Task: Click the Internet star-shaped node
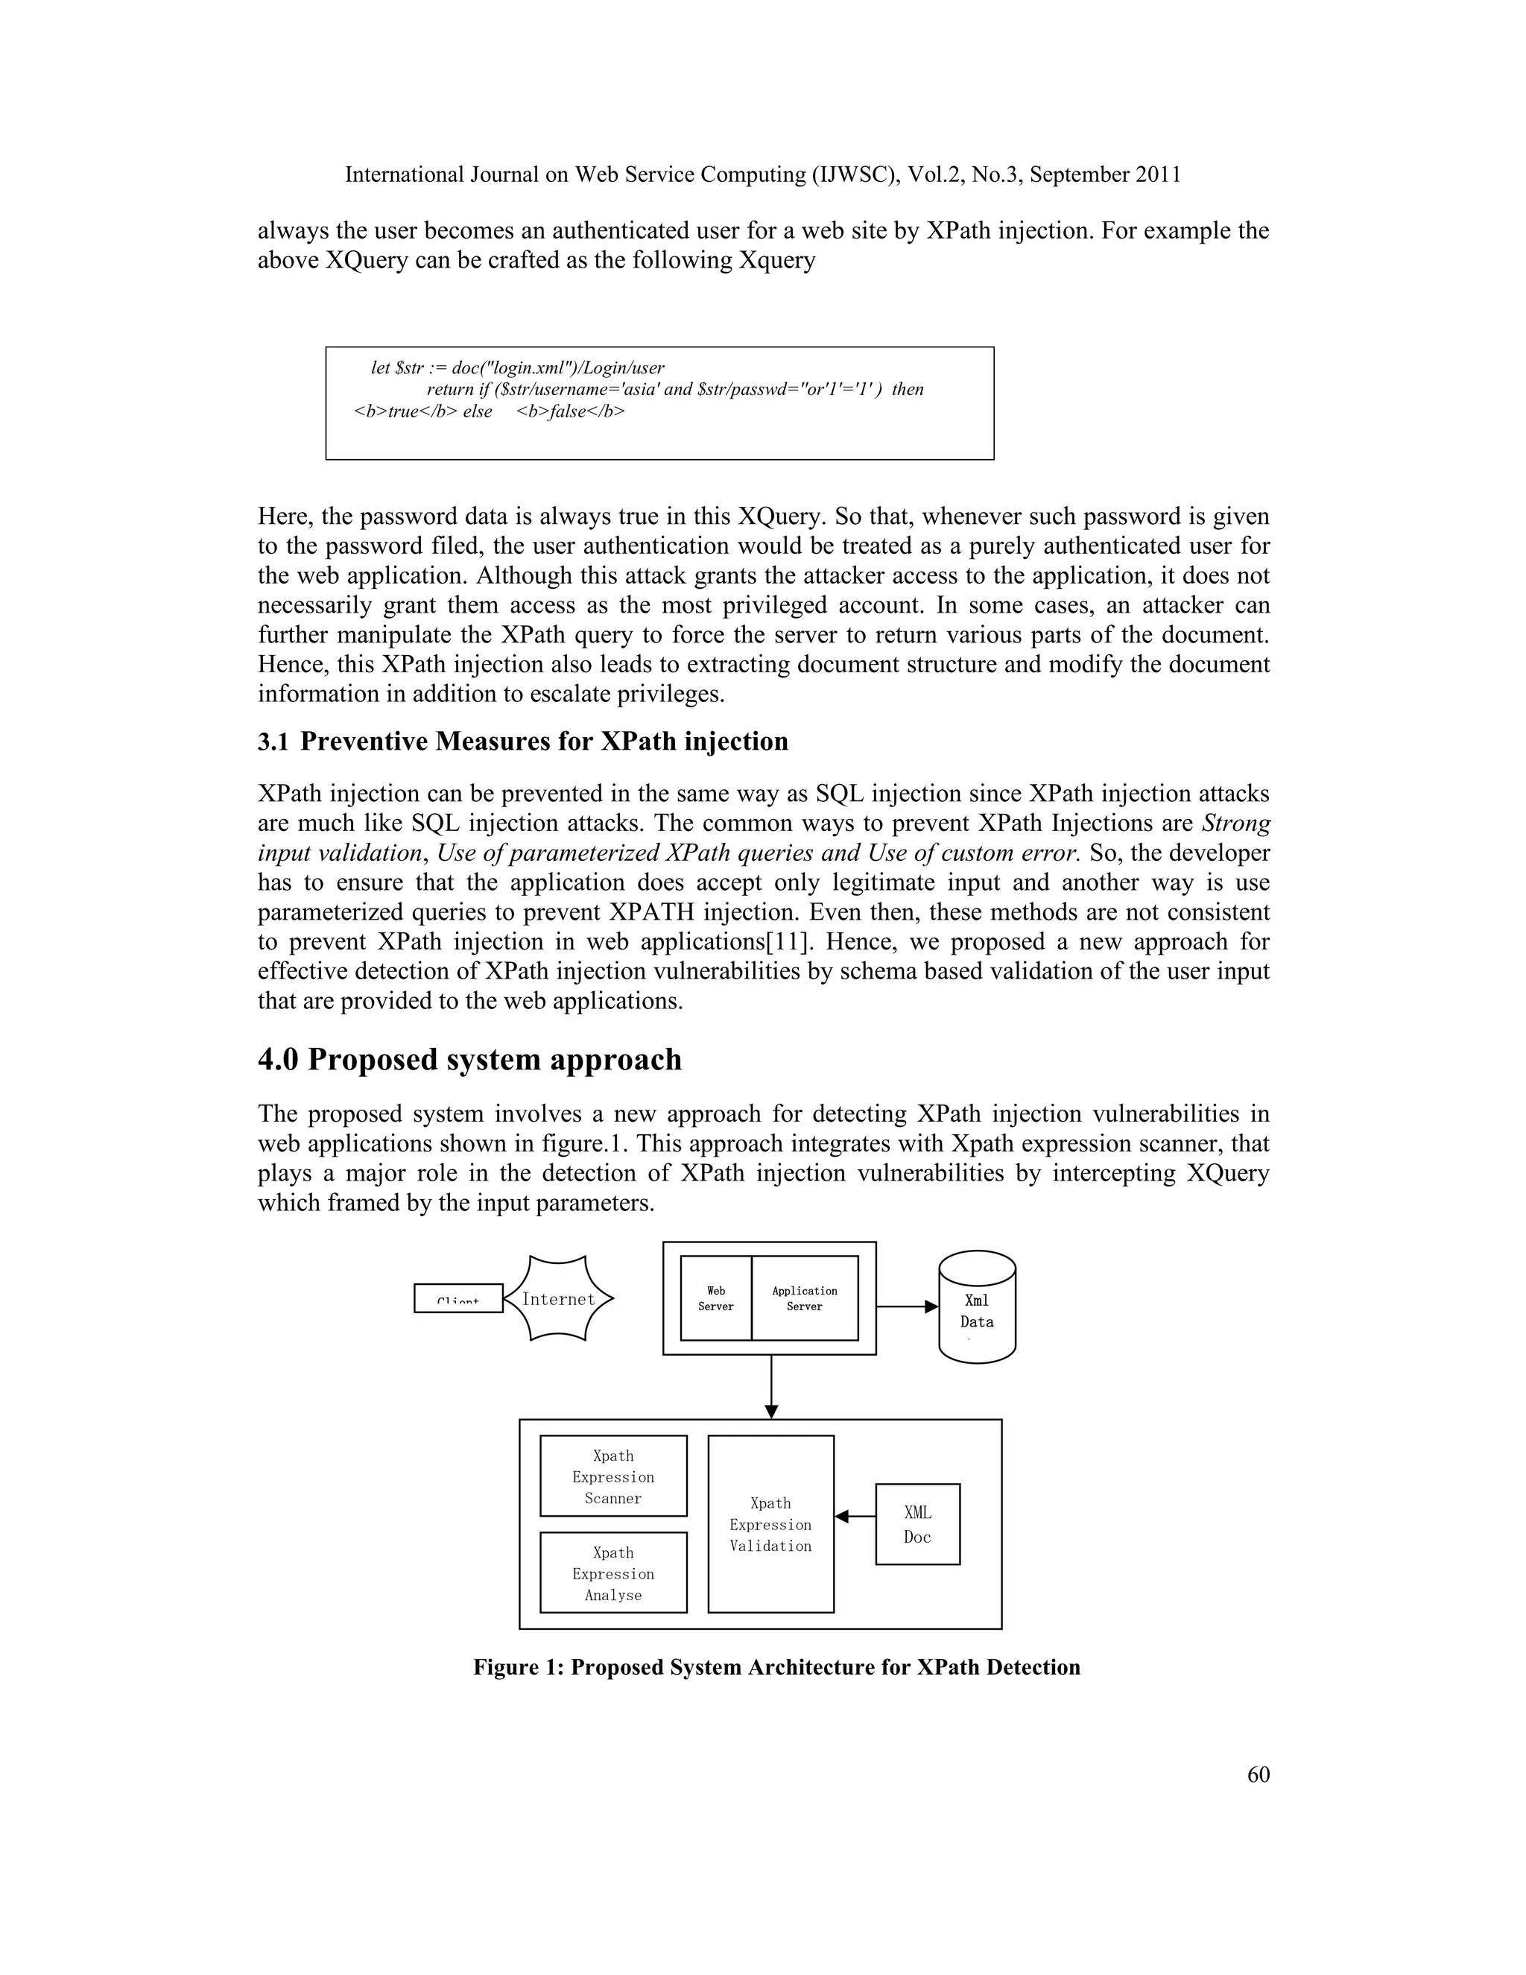click(558, 1298)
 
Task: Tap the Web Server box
click(715, 1298)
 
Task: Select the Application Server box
click(804, 1298)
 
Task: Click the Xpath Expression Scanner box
click(613, 1476)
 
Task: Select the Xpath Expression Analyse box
click(613, 1573)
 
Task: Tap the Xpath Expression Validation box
click(770, 1524)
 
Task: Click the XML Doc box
click(916, 1524)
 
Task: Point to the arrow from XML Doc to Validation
click(855, 1517)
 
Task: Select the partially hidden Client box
click(458, 1298)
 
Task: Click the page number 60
click(1259, 1775)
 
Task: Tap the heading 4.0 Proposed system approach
click(469, 1059)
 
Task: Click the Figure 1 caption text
click(776, 1666)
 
